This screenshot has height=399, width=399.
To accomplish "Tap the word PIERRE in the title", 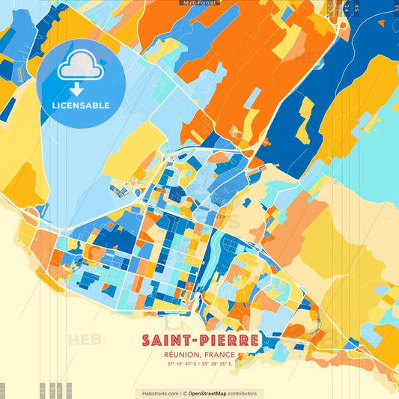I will pos(225,341).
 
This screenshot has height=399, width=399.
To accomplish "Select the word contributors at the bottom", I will pos(243,393).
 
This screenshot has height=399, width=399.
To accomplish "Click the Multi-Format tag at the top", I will pos(199,3).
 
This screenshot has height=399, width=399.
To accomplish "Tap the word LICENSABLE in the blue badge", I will pos(80,106).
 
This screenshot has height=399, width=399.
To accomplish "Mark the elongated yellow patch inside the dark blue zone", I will pos(305,120).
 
